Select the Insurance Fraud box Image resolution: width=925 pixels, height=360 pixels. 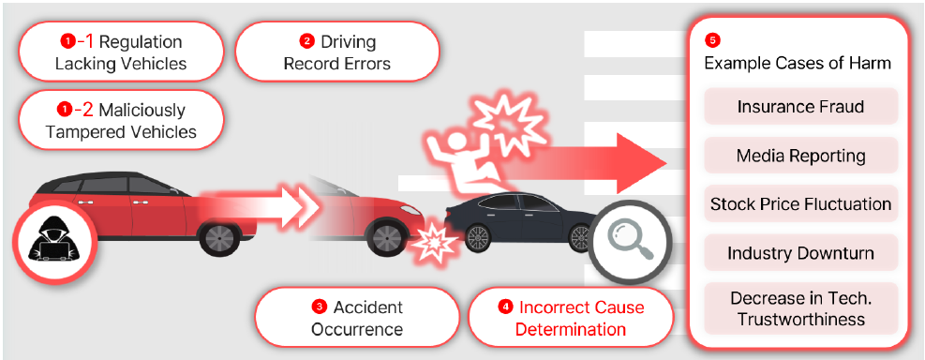[800, 107]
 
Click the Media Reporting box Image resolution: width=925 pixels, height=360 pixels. [800, 156]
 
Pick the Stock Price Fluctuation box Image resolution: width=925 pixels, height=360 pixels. [800, 204]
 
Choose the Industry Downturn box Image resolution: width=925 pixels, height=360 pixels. [800, 252]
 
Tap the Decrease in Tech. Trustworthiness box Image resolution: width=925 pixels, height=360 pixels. [800, 308]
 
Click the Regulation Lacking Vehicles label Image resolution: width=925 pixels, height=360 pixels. [121, 52]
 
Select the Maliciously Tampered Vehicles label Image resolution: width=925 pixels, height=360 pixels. [121, 120]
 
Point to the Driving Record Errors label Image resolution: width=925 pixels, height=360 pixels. [337, 52]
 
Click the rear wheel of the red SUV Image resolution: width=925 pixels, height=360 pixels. [220, 239]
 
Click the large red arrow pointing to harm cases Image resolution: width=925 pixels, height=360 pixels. [584, 163]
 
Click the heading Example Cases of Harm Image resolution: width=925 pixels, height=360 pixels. [798, 63]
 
